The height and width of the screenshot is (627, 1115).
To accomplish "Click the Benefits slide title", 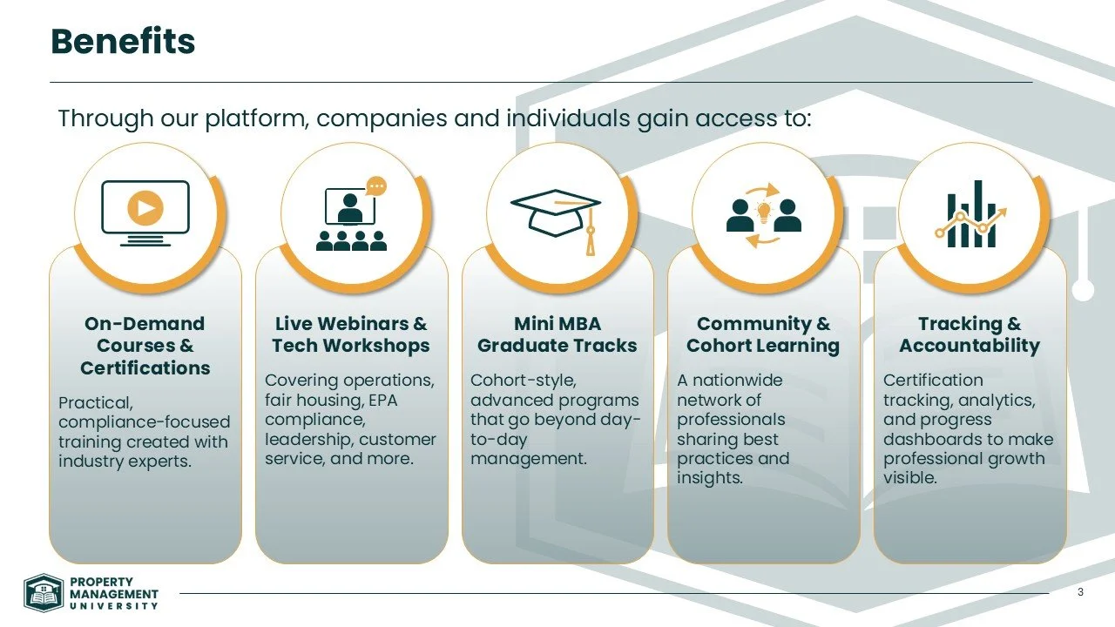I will point(123,41).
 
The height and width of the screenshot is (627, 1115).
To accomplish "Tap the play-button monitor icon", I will point(145,209).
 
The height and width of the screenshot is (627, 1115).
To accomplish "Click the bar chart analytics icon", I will point(970,214).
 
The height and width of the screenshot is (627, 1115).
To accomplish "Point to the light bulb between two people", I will point(764,210).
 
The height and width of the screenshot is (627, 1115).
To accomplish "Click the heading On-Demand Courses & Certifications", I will point(145,346).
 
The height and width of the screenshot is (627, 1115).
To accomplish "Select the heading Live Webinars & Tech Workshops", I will point(351,334).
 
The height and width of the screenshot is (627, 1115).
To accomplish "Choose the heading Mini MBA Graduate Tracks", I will point(557,334).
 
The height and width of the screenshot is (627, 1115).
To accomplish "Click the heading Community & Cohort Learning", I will point(763,334).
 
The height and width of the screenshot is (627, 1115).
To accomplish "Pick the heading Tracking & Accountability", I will point(970,334).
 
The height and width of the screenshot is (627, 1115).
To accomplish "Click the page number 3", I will point(1080,593).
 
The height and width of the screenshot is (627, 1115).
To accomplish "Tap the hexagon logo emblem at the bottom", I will point(43,594).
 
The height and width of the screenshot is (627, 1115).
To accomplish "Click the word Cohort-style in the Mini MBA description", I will point(523,381).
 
